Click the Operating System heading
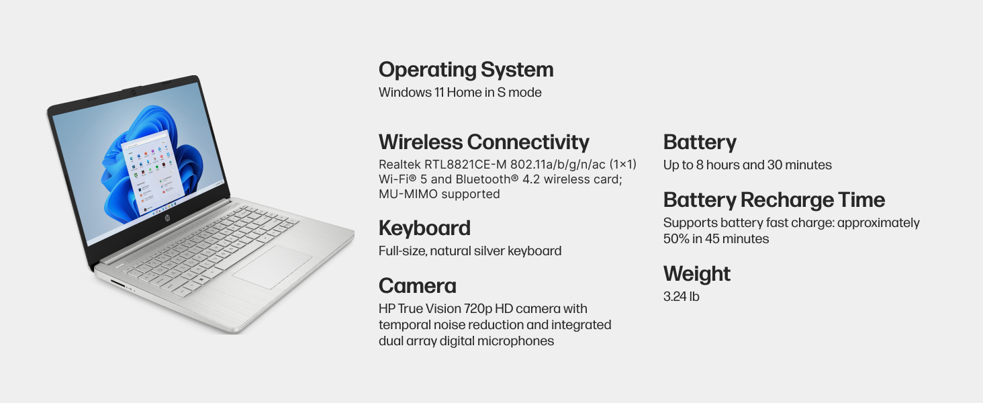(x=466, y=70)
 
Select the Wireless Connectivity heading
(x=483, y=142)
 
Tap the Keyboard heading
(x=424, y=228)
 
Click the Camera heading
(x=417, y=286)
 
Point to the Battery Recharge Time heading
(x=774, y=200)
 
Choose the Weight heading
(x=696, y=274)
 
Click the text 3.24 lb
(x=681, y=296)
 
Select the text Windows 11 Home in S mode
(x=460, y=93)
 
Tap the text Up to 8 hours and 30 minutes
(x=747, y=165)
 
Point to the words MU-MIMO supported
(x=439, y=194)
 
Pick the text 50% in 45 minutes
(x=716, y=239)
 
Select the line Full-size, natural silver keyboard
(x=470, y=251)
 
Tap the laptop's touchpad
(x=273, y=267)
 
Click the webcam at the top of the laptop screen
(x=132, y=90)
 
